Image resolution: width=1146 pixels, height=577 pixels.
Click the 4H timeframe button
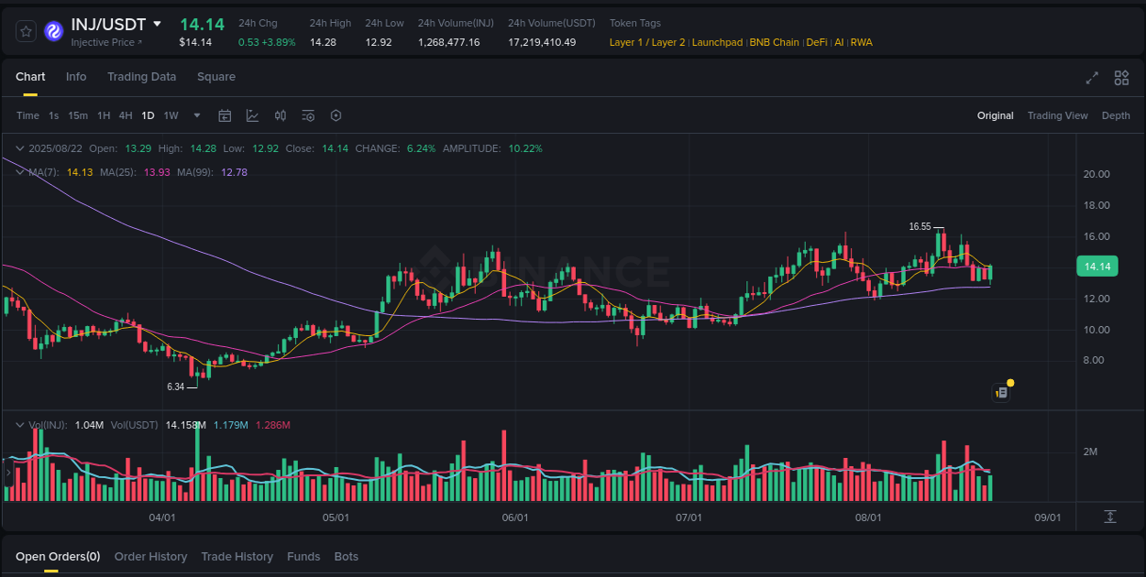click(x=126, y=115)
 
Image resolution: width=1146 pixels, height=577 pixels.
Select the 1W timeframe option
click(x=171, y=115)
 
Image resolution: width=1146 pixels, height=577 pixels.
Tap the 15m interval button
click(x=78, y=115)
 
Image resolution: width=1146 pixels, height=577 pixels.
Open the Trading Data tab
click(x=141, y=77)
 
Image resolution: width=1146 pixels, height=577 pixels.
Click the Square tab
click(x=216, y=77)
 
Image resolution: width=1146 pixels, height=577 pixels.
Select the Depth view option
click(x=1116, y=115)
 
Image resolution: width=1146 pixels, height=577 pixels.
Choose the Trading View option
click(x=1057, y=115)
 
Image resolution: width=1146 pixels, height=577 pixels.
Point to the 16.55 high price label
click(x=920, y=226)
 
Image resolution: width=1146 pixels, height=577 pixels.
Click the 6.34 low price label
click(x=175, y=386)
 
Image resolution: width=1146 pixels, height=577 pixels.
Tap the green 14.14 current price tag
click(x=1097, y=267)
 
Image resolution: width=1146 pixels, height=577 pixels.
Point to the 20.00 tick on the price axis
click(x=1096, y=174)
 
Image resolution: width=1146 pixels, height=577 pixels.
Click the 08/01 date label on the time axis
click(x=868, y=517)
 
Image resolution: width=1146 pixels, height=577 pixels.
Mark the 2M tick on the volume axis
click(x=1091, y=452)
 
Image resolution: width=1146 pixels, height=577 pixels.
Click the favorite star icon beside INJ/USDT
click(x=27, y=31)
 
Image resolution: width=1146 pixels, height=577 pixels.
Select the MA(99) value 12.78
click(x=234, y=172)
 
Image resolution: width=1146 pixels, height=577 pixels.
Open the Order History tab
click(x=150, y=557)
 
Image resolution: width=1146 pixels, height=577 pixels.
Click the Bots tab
click(x=347, y=557)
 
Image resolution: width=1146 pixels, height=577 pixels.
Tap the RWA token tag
click(x=862, y=42)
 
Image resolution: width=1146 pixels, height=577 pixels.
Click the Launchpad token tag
click(x=718, y=42)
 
